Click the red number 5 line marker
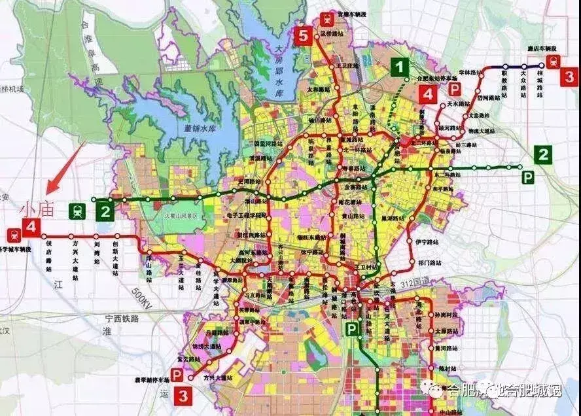point(302,35)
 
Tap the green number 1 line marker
point(400,66)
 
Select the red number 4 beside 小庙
point(31,228)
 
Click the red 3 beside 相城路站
point(569,76)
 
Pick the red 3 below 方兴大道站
point(184,395)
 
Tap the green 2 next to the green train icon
point(104,211)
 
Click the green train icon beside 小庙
point(77,211)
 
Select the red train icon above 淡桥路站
point(325,20)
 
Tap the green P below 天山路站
point(353,329)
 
